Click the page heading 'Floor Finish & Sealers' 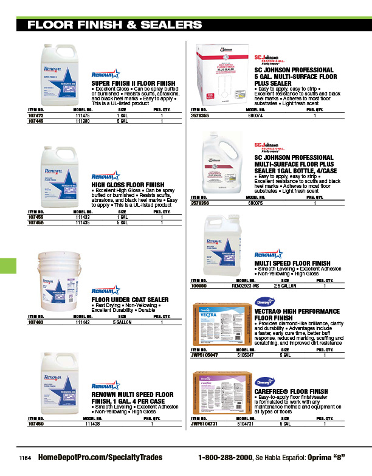tap(115, 25)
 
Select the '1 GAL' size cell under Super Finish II tap(122, 114)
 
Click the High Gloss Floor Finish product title tap(128, 184)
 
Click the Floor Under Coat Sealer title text tap(129, 300)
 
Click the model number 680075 tap(254, 202)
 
